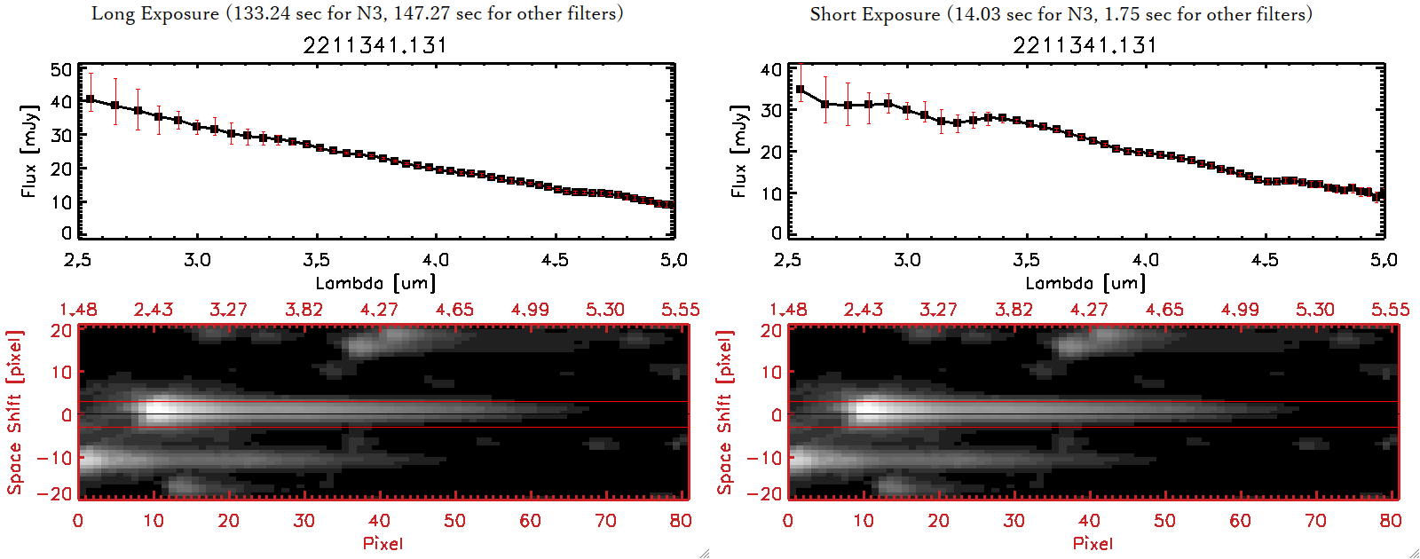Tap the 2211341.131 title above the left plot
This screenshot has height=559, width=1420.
[375, 45]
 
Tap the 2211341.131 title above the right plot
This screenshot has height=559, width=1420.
[1085, 45]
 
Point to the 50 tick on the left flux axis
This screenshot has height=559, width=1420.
[61, 69]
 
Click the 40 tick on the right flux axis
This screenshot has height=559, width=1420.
[771, 69]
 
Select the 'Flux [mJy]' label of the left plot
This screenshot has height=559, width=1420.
[29, 151]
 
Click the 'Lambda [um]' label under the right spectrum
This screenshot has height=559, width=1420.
[1085, 283]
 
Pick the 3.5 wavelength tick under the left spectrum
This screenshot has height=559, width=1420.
[316, 260]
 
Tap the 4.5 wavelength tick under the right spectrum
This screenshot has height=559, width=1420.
[1265, 260]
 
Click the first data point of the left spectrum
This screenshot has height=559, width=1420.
[90, 99]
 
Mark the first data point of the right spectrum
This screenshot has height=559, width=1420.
[800, 90]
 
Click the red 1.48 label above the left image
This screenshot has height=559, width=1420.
[78, 310]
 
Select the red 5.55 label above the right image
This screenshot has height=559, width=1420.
[1390, 310]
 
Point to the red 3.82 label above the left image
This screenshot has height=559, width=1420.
[304, 310]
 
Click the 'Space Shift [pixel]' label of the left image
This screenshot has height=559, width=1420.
[14, 413]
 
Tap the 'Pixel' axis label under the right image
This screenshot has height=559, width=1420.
[1093, 543]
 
